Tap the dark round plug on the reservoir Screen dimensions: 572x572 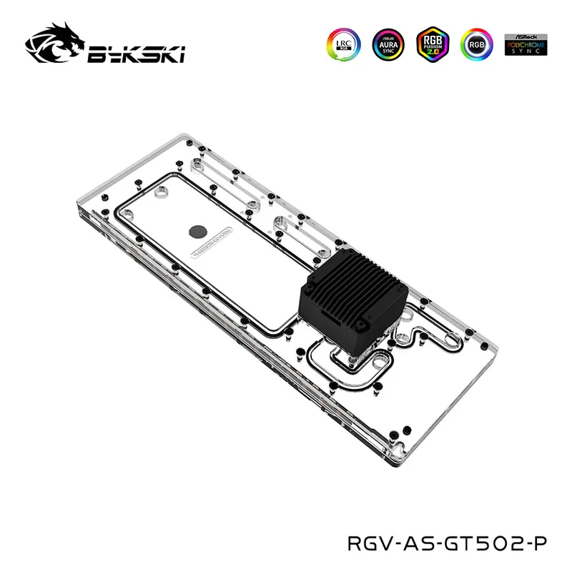pos(197,231)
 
